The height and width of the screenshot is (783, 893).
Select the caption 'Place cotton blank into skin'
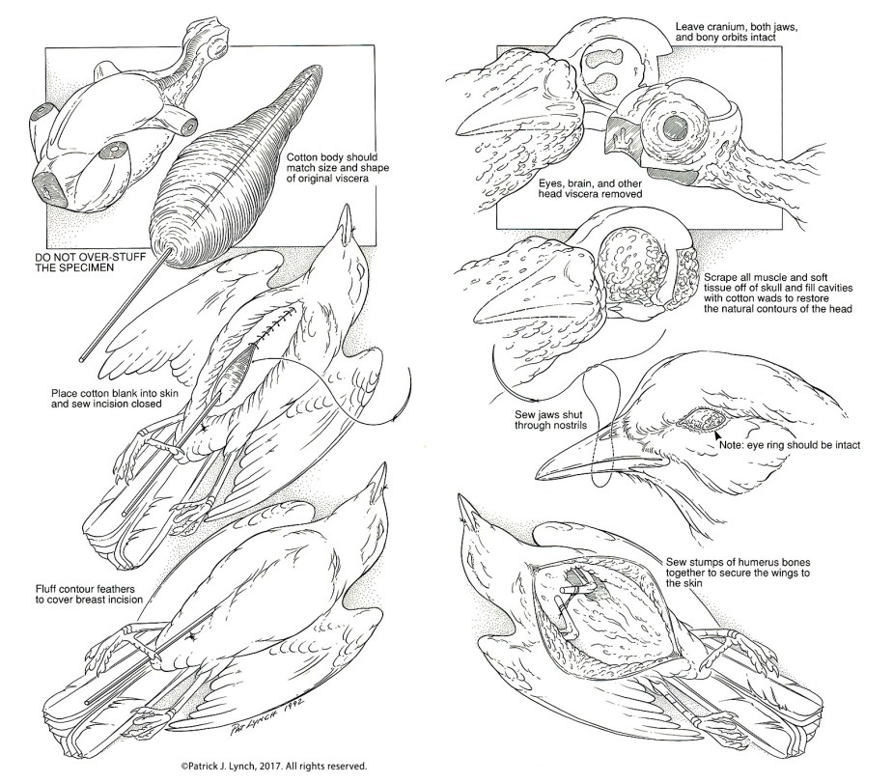(109, 399)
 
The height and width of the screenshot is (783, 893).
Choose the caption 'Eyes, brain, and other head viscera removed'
(578, 186)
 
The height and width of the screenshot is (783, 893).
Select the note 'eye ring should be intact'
(789, 445)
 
